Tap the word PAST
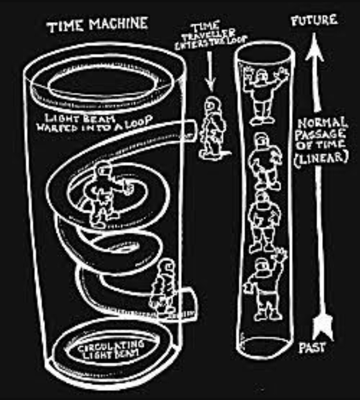click(x=312, y=348)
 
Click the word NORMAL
click(x=322, y=124)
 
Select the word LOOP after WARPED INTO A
click(x=139, y=120)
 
